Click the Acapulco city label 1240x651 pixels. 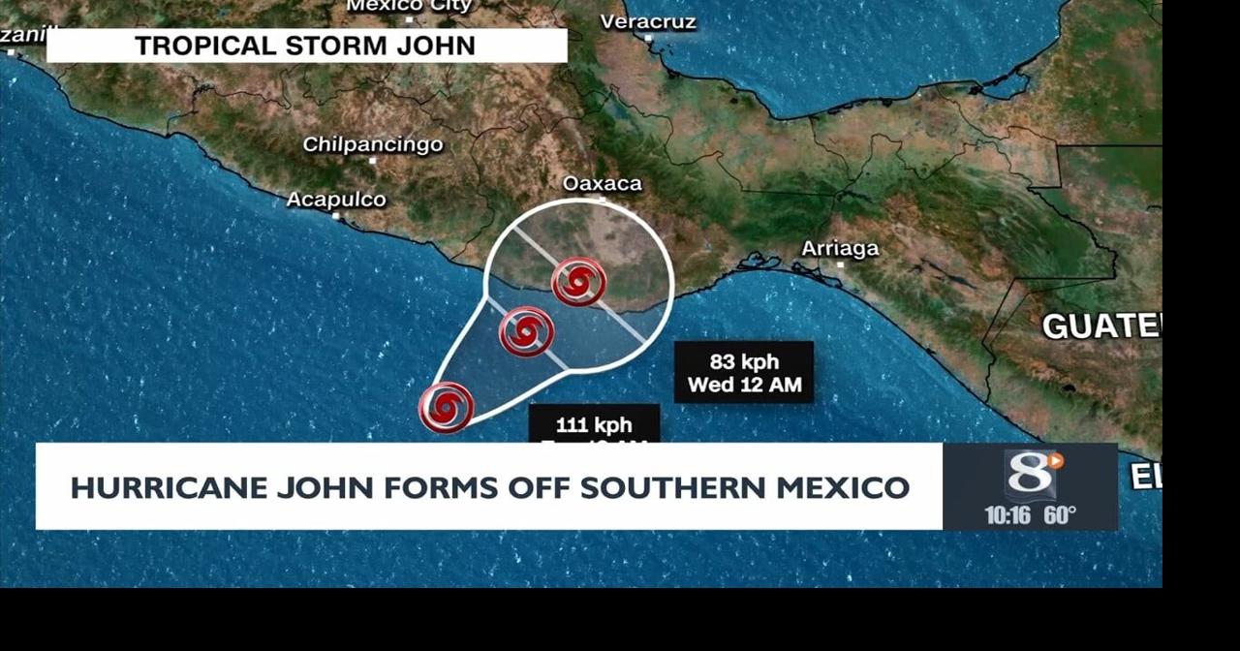336,200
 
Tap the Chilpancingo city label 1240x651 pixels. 373,144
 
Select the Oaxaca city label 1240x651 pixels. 602,183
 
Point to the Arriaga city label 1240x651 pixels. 840,249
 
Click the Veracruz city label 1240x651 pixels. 648,21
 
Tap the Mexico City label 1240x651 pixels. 410,6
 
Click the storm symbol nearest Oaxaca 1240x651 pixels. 578,283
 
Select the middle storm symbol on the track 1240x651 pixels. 526,332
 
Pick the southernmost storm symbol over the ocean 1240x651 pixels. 446,408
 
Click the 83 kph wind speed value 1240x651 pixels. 744,361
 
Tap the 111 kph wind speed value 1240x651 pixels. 594,424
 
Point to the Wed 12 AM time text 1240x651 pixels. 744,385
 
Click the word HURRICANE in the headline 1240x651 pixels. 169,487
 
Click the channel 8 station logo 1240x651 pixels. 1031,474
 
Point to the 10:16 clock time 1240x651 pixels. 1007,515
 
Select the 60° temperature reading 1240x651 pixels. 1060,515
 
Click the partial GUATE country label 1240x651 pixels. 1100,326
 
